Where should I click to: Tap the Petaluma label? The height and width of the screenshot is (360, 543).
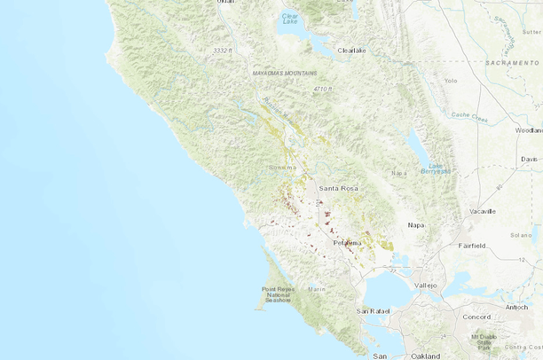[x=347, y=242]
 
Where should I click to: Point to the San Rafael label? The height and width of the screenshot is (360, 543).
[x=374, y=311]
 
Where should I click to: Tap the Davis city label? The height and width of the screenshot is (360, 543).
[x=530, y=159]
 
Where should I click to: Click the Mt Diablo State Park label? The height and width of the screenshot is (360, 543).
[x=485, y=342]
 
